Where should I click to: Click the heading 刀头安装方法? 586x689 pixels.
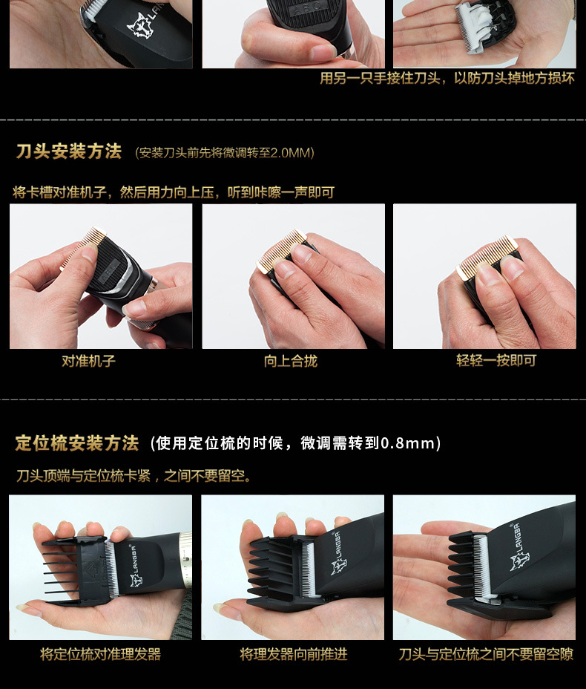[x=69, y=152]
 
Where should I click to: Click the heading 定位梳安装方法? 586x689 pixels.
[x=77, y=443]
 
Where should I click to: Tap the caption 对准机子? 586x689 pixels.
[x=88, y=361]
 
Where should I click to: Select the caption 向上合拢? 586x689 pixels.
[x=291, y=361]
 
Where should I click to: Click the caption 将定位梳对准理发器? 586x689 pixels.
[x=100, y=654]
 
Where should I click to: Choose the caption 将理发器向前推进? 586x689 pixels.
[x=293, y=654]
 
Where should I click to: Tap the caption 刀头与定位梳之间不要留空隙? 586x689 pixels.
[x=486, y=654]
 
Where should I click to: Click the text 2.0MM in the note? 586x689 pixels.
[x=291, y=153]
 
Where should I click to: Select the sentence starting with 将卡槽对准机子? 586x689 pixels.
[x=174, y=192]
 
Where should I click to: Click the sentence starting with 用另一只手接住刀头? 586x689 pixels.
[x=447, y=78]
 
